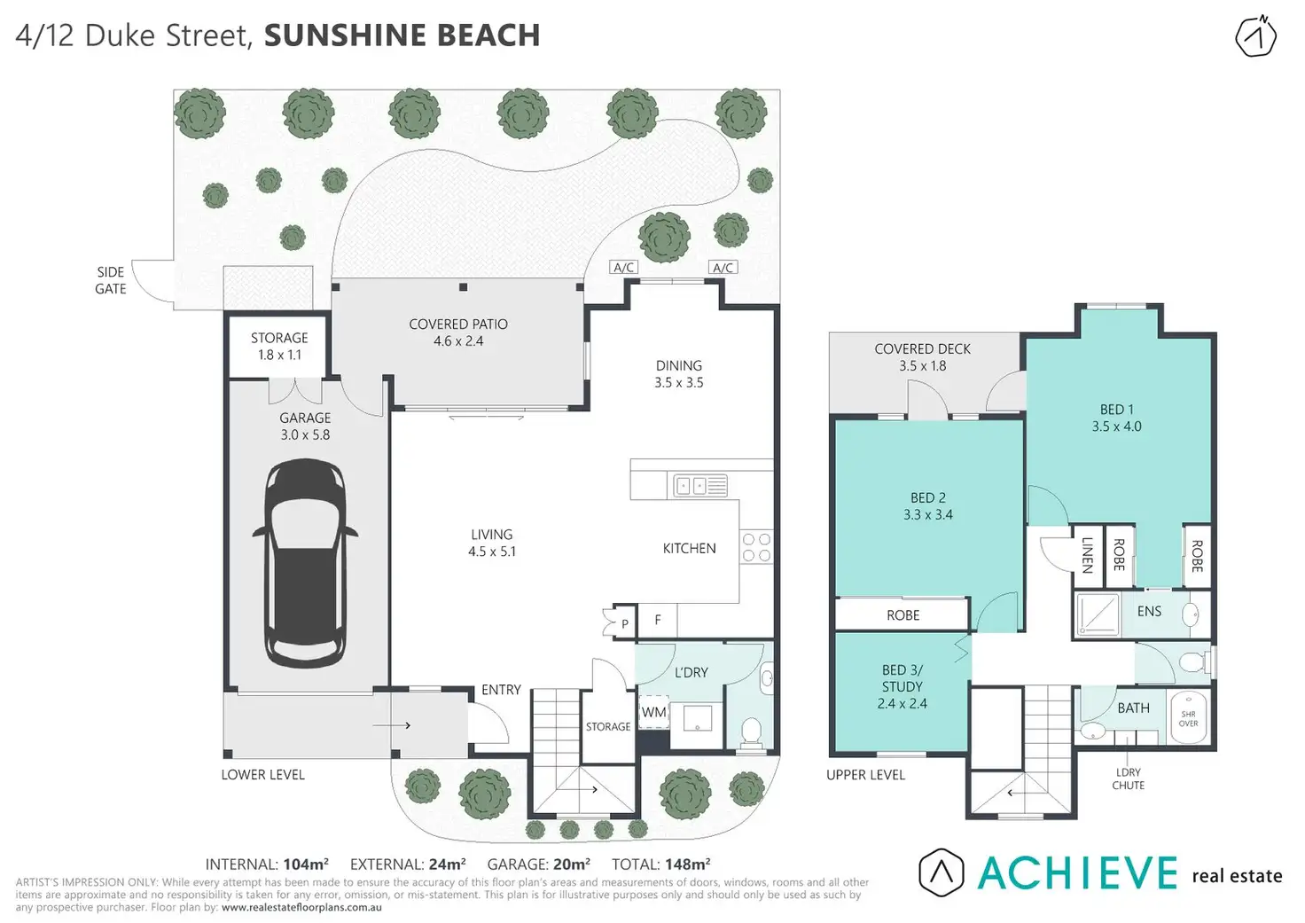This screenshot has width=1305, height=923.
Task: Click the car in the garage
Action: coord(305,563)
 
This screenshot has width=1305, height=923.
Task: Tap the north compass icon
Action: coord(1256,36)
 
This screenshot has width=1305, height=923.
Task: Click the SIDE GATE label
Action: coord(111,280)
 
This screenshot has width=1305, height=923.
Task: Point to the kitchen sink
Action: coord(700,485)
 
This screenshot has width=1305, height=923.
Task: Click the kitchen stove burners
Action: coord(757,547)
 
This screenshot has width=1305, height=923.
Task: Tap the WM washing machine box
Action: coord(653,711)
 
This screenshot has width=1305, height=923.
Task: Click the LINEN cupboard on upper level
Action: coord(1088,556)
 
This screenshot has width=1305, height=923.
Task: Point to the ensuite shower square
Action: coord(1098,614)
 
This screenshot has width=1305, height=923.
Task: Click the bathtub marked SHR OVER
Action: coord(1189,717)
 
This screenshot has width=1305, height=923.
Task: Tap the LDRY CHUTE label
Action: coord(1128,778)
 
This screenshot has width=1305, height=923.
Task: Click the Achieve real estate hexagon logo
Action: coord(941,872)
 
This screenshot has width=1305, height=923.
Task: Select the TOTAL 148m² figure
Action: coord(660,864)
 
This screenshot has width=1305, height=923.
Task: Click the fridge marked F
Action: coord(658,620)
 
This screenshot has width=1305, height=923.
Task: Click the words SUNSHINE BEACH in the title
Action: coord(402,35)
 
